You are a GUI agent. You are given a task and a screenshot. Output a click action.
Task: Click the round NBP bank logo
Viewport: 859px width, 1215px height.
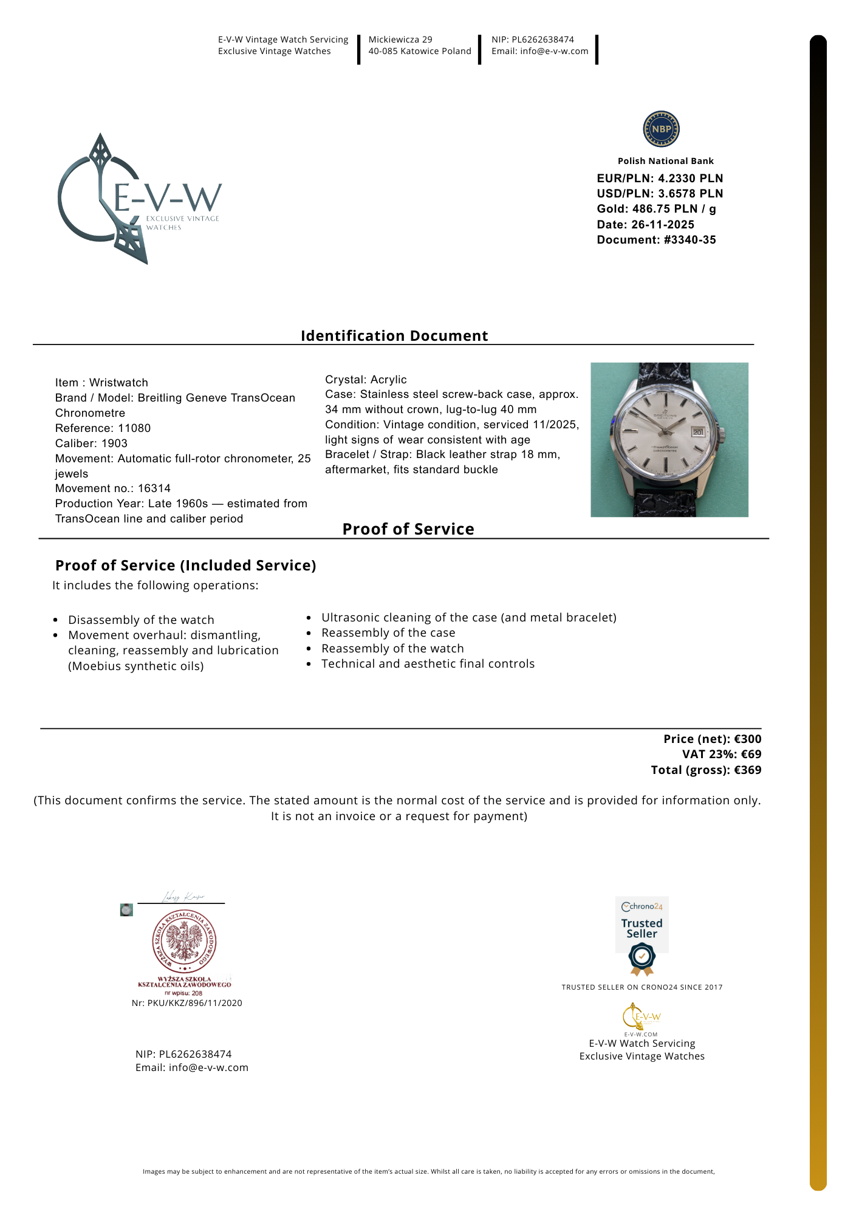point(661,129)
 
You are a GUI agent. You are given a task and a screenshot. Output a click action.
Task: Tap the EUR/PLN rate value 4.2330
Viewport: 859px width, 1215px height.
point(678,179)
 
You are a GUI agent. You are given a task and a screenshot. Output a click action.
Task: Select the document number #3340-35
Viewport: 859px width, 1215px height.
point(690,240)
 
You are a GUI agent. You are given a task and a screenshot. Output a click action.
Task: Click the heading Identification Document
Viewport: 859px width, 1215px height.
point(394,336)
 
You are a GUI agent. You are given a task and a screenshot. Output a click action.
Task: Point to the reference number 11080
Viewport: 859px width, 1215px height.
point(134,428)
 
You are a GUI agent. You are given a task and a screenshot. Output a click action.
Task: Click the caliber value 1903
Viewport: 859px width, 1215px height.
point(114,443)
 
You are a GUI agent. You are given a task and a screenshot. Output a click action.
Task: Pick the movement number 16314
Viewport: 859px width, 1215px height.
point(154,488)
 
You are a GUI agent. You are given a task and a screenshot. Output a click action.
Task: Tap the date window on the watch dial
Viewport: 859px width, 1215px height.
point(697,432)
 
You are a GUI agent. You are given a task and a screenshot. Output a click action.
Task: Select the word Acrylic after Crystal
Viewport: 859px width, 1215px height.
point(389,380)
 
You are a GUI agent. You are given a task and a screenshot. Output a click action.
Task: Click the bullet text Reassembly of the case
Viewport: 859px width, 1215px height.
point(388,633)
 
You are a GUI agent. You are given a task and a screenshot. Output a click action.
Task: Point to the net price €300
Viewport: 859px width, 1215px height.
point(747,739)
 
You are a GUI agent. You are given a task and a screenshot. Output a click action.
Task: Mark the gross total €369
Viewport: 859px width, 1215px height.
point(747,770)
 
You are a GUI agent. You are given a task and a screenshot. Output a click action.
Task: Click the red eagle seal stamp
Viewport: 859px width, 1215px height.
point(184,942)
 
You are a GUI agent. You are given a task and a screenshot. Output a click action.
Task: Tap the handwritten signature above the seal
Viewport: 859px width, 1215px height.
point(182,897)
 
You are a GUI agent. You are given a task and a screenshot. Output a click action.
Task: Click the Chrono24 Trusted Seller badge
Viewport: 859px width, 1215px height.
point(642,936)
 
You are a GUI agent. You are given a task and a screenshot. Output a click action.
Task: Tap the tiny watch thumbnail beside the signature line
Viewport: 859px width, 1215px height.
point(126,910)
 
